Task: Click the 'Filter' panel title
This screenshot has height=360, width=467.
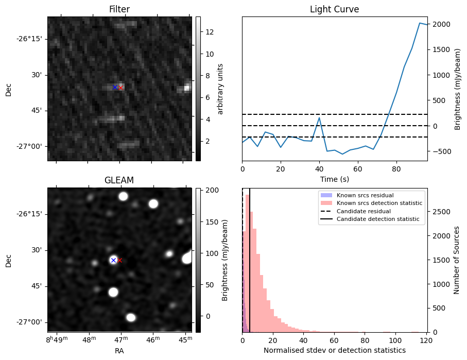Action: [x=119, y=9]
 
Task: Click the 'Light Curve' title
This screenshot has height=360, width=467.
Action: [x=334, y=9]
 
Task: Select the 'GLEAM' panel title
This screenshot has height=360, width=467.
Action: [x=119, y=180]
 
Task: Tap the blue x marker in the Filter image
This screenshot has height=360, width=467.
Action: [x=115, y=87]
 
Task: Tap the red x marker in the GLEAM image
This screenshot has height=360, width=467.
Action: [x=120, y=260]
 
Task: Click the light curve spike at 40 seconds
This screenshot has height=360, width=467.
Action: [x=319, y=118]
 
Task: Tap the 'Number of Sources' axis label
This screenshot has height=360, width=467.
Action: [x=456, y=260]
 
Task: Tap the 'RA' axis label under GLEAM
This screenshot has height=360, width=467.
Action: [x=119, y=351]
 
